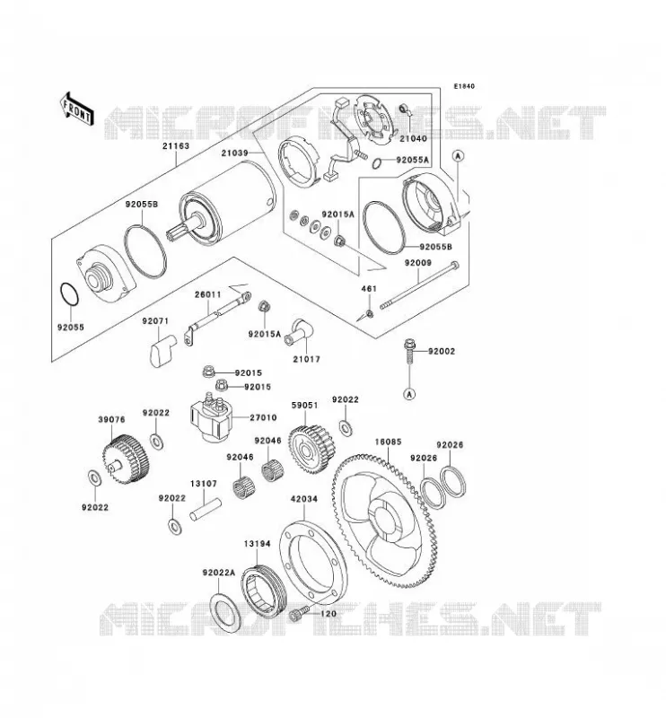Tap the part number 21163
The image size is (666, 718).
(x=175, y=146)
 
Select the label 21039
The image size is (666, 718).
(x=234, y=153)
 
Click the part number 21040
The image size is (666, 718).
(x=413, y=138)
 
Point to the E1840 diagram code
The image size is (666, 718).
(x=464, y=86)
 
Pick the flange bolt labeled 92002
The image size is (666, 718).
(x=409, y=351)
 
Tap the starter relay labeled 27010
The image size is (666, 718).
(x=211, y=416)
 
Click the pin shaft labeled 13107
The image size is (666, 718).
(x=206, y=510)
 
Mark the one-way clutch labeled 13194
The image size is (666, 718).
(x=264, y=591)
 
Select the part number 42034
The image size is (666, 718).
(x=303, y=499)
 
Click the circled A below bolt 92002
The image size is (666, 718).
(x=409, y=394)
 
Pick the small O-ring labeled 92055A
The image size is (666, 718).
(x=377, y=163)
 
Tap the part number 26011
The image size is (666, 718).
(x=208, y=294)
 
